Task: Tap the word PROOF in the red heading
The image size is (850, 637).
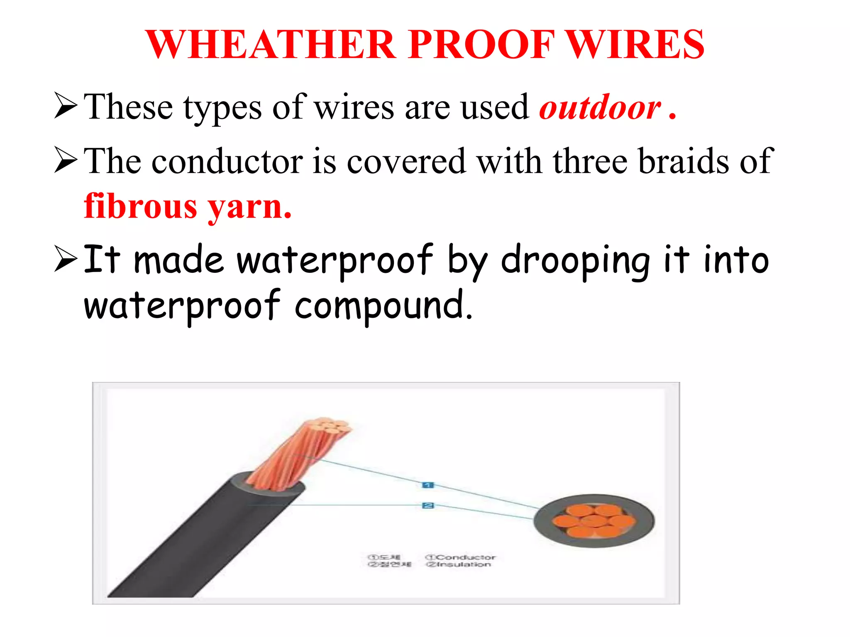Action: pyautogui.click(x=481, y=45)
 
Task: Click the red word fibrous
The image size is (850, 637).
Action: pyautogui.click(x=140, y=206)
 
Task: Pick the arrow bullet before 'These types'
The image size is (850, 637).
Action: pyautogui.click(x=66, y=106)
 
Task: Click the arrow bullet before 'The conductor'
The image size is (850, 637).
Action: pyautogui.click(x=66, y=161)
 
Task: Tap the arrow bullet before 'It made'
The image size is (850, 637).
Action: pyautogui.click(x=66, y=259)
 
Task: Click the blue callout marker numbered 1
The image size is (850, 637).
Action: pyautogui.click(x=427, y=485)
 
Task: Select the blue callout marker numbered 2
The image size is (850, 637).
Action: pyautogui.click(x=427, y=505)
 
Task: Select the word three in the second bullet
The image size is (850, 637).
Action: pyautogui.click(x=589, y=162)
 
